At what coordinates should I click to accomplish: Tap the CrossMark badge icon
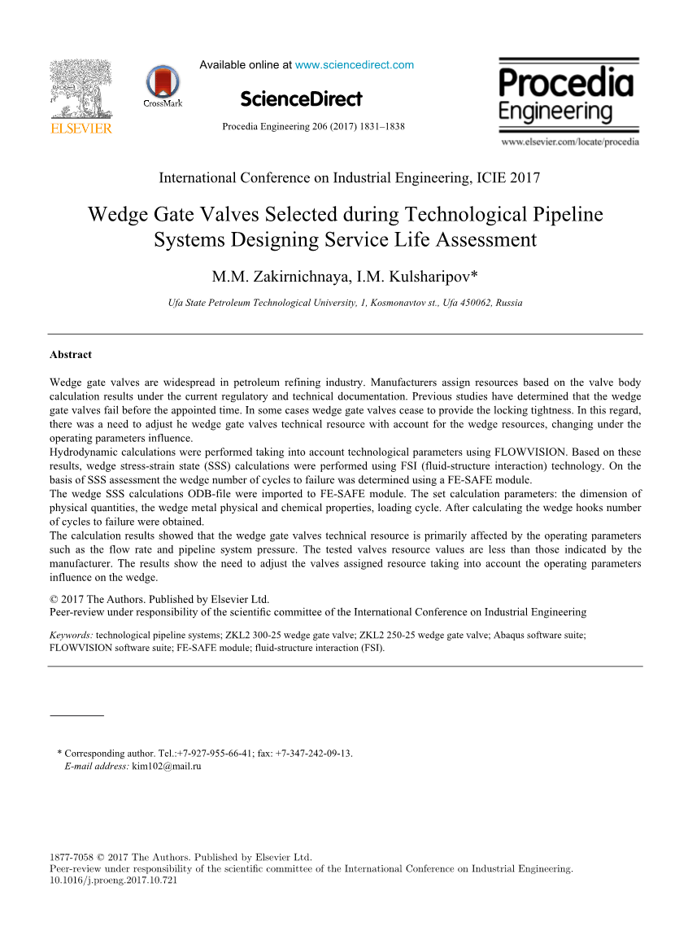click(x=163, y=83)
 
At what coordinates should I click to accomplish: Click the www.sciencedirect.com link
click(x=355, y=65)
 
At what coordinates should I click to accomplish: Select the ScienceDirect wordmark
click(x=301, y=99)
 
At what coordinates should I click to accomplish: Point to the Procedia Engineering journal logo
click(x=567, y=94)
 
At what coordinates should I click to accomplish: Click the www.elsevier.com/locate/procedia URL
click(x=570, y=142)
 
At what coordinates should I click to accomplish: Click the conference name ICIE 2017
click(x=505, y=178)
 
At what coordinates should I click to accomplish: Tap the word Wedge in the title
click(x=115, y=215)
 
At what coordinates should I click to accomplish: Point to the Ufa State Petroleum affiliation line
click(x=345, y=303)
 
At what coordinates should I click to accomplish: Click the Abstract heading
click(x=71, y=355)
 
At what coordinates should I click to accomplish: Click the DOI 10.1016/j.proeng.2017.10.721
click(x=114, y=880)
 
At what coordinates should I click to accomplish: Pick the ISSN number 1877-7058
click(x=72, y=857)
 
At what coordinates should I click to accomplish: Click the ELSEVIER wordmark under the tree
click(x=81, y=129)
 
